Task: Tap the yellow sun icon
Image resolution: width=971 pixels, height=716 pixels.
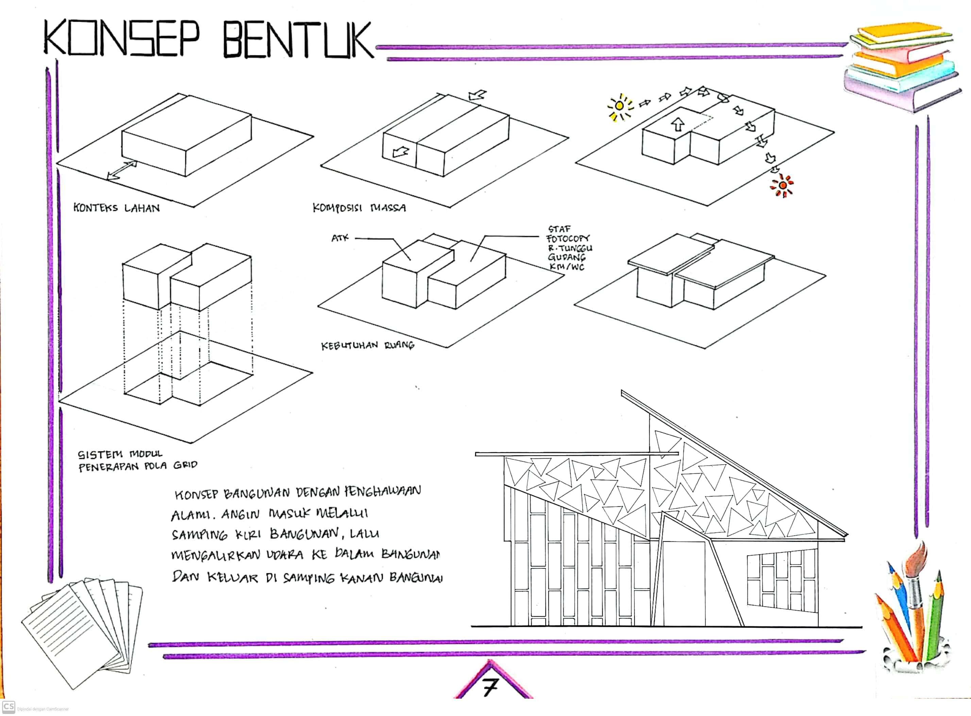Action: point(620,106)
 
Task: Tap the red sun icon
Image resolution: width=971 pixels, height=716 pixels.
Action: point(782,186)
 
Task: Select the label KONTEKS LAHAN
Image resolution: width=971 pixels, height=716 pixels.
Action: point(116,208)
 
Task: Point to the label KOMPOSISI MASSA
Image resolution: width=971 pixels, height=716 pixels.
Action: point(359,208)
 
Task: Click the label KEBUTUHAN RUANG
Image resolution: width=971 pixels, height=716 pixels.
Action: point(367,346)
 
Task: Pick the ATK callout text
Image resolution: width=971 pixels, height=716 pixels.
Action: point(340,238)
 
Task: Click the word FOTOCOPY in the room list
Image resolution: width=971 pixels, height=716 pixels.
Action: point(568,239)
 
